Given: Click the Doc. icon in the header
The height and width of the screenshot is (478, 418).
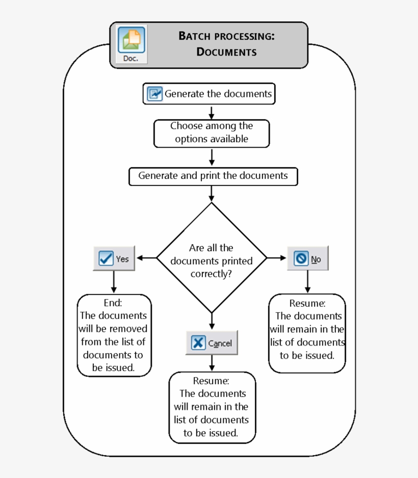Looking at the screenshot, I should click(x=132, y=45).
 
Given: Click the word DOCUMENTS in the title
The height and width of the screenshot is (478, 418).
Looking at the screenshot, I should click(x=226, y=52).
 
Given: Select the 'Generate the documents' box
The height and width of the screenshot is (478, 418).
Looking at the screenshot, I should click(x=209, y=94).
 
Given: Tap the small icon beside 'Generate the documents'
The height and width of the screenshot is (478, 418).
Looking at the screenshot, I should click(x=154, y=94).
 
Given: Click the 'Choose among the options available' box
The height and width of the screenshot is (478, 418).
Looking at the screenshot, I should click(x=212, y=132).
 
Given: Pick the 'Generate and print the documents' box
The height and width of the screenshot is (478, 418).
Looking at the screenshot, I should click(x=213, y=176).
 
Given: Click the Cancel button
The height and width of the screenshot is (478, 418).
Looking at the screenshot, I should click(x=212, y=343).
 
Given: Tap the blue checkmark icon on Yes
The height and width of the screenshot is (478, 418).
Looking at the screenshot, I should click(x=106, y=259).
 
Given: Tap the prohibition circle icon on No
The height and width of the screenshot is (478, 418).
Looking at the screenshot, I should click(x=301, y=259).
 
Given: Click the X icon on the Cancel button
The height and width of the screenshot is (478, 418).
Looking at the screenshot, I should click(x=198, y=343).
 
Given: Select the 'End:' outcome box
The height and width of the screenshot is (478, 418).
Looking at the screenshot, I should click(x=114, y=335).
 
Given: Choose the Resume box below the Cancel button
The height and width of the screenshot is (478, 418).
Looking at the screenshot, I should click(x=212, y=407).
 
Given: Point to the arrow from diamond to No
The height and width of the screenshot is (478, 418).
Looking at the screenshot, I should click(x=277, y=258).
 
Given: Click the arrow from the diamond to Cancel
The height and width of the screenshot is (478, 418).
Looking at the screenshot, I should click(x=212, y=321).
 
